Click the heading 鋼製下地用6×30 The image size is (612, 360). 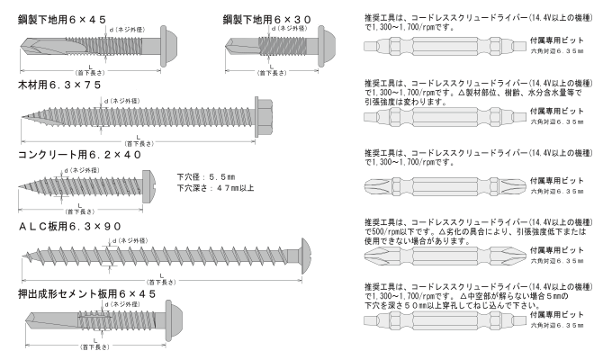click(271, 18)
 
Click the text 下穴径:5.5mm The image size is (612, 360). click(207, 177)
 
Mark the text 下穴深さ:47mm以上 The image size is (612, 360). click(215, 188)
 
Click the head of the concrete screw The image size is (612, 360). click(154, 184)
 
